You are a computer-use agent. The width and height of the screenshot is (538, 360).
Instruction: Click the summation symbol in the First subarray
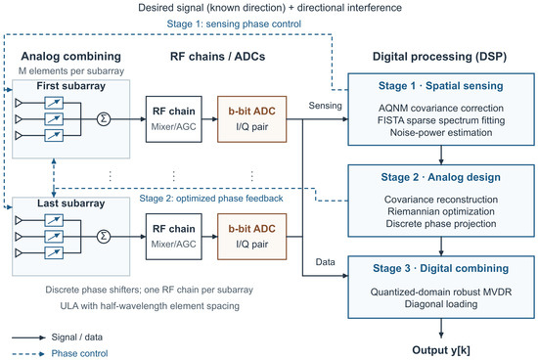(x=104, y=119)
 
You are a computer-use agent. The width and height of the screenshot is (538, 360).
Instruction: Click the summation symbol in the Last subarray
(x=104, y=237)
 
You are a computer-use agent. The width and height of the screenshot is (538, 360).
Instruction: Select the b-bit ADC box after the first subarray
(x=251, y=119)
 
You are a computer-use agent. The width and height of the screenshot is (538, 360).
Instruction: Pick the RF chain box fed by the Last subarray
(x=173, y=237)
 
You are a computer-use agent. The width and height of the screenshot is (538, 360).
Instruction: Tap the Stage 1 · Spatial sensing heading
(x=441, y=86)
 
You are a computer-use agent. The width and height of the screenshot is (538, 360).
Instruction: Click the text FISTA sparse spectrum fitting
(x=441, y=120)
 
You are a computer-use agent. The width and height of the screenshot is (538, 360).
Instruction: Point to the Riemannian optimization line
(x=441, y=211)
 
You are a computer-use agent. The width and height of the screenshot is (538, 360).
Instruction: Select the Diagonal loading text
(x=441, y=304)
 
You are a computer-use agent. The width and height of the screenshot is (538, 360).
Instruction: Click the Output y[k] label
(x=441, y=350)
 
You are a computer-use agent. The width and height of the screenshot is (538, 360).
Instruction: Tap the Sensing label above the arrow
(x=325, y=106)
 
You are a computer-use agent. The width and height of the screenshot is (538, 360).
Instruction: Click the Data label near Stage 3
(x=325, y=262)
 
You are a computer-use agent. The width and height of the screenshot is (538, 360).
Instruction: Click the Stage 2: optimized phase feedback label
(x=211, y=199)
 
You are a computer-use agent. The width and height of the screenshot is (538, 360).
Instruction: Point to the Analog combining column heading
(x=71, y=57)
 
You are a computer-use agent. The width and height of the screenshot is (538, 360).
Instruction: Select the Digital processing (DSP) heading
(x=439, y=57)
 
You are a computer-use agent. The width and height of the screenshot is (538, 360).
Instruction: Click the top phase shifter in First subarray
(x=54, y=103)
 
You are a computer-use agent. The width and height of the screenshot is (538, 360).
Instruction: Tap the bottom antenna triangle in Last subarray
(x=19, y=253)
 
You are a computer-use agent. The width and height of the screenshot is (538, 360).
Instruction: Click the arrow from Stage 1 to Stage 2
(x=441, y=156)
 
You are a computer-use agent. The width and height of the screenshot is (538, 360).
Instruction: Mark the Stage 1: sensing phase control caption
(x=234, y=24)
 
